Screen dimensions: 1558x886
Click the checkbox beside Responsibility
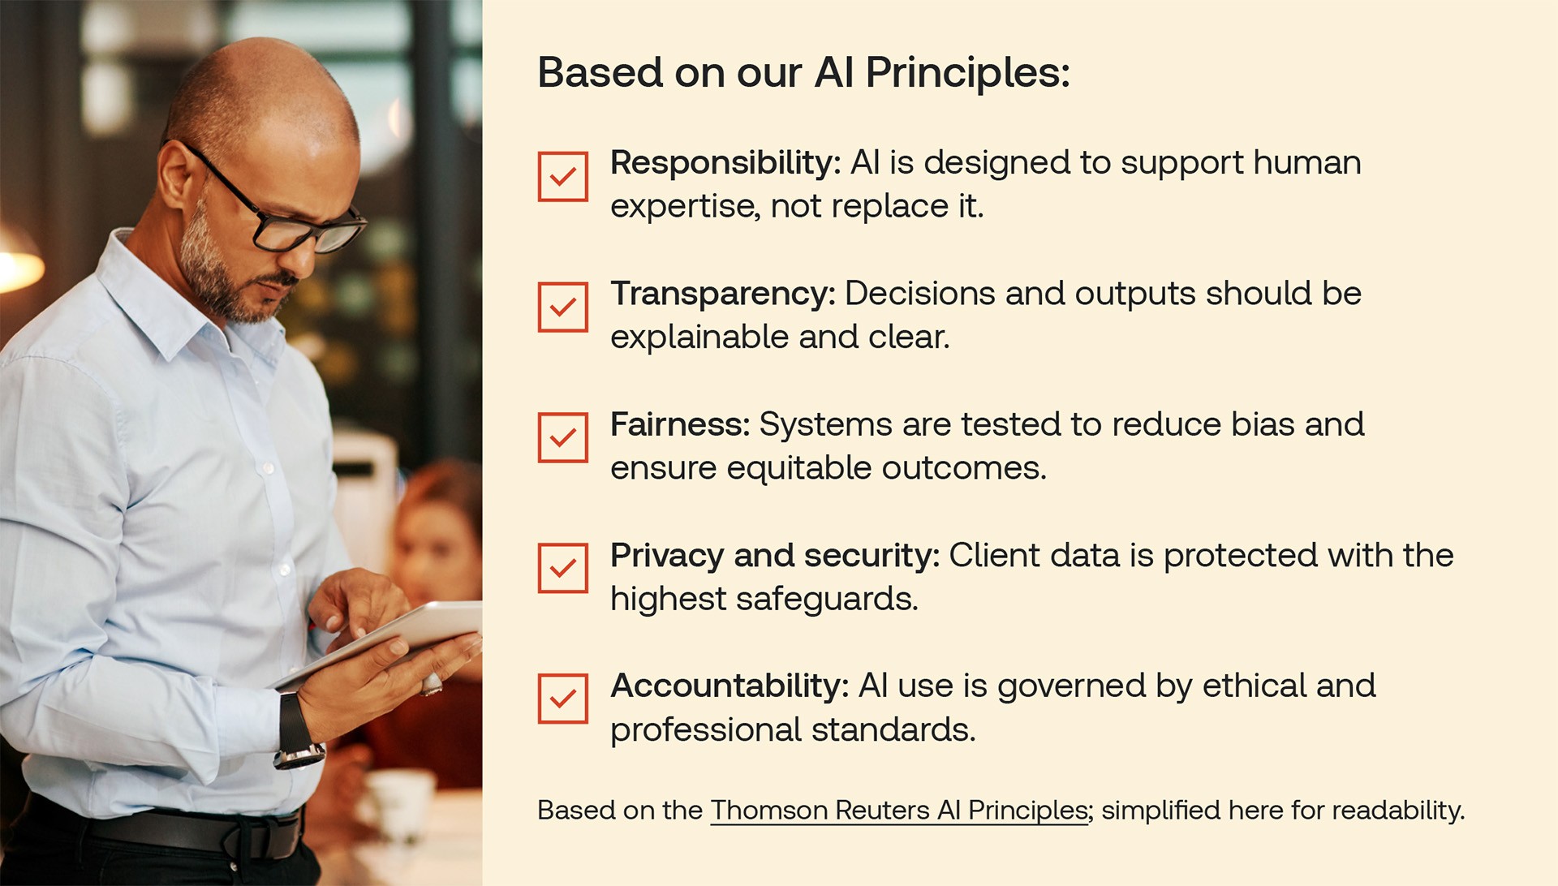point(562,176)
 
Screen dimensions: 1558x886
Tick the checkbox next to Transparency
point(562,307)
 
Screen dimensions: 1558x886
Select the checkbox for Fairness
point(562,437)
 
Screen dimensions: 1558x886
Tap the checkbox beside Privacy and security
point(562,568)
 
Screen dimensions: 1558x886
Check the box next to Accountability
point(562,699)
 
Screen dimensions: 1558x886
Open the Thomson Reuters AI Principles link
point(899,811)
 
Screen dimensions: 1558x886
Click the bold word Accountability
point(730,686)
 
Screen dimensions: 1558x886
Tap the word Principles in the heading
point(968,74)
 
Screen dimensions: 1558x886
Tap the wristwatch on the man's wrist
point(297,730)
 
